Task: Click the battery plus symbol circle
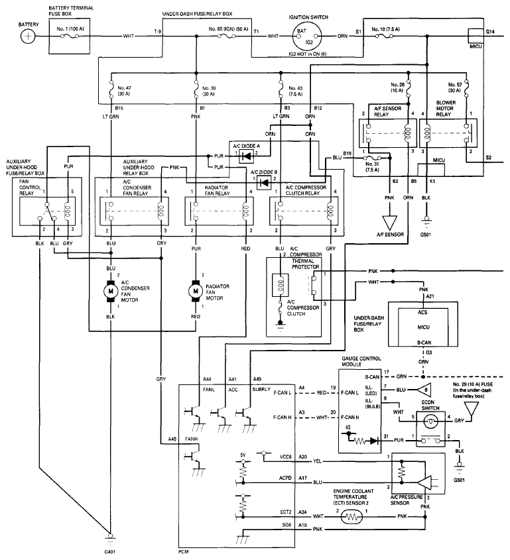(28, 36)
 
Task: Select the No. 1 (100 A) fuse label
(70, 28)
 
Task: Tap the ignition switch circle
(306, 36)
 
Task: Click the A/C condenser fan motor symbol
(111, 291)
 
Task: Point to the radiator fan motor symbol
(196, 291)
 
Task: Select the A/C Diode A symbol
(246, 156)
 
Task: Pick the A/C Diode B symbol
(264, 183)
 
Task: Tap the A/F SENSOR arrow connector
(389, 223)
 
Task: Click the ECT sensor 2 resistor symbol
(351, 517)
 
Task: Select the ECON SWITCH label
(430, 406)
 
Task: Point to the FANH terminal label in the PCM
(191, 439)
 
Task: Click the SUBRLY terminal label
(261, 389)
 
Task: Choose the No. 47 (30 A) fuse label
(124, 91)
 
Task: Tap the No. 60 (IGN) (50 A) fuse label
(228, 29)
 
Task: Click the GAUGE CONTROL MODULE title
(361, 361)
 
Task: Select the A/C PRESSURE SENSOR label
(407, 500)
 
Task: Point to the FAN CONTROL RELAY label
(30, 187)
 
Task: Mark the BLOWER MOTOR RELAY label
(445, 108)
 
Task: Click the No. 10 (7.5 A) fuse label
(385, 29)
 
